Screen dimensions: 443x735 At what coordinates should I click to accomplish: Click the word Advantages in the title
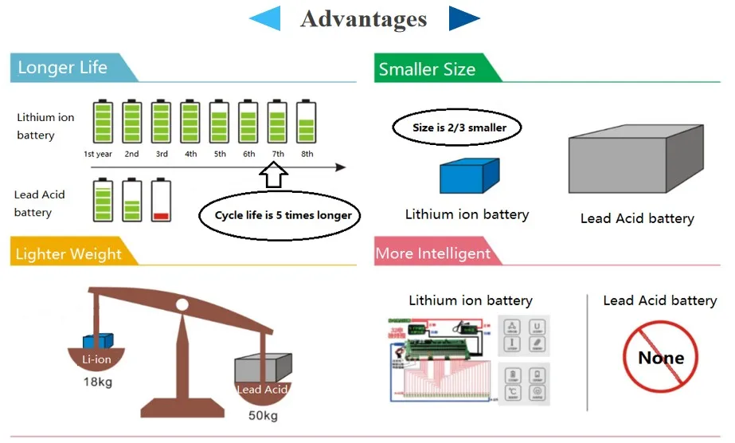(364, 19)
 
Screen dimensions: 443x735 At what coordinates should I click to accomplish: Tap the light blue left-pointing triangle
(267, 19)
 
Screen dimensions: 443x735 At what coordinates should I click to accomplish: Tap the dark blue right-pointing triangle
(463, 19)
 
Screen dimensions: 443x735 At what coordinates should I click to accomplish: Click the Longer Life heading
(63, 68)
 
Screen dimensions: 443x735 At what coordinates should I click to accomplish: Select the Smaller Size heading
(428, 69)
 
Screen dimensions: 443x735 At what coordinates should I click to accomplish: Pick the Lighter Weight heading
(69, 254)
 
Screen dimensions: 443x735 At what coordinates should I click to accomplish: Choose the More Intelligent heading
(433, 253)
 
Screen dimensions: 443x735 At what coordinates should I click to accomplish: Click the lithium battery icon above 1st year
(103, 121)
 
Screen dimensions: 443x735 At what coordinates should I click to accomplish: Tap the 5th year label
(220, 154)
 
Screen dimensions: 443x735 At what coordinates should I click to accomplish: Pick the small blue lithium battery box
(469, 176)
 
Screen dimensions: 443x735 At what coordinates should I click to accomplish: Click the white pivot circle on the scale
(182, 304)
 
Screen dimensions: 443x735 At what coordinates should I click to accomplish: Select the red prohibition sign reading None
(660, 358)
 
